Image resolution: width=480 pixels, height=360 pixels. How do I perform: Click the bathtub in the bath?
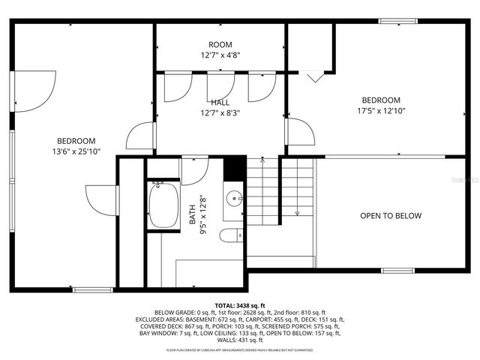(x=163, y=205)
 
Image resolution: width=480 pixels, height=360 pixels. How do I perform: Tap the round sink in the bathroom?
(x=235, y=199)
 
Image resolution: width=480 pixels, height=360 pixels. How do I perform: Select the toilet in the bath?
(x=232, y=235)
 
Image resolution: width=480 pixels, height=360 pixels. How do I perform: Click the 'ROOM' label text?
(x=220, y=44)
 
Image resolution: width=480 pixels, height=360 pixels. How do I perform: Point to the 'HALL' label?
(x=220, y=103)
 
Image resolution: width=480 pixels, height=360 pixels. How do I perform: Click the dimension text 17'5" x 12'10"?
(x=381, y=111)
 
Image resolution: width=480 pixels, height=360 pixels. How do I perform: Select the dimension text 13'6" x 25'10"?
(x=76, y=151)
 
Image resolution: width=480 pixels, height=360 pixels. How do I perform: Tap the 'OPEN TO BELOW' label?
(x=390, y=216)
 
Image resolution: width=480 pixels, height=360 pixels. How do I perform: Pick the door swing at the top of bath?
(x=193, y=171)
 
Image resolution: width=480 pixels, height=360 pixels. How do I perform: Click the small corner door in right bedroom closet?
(x=315, y=76)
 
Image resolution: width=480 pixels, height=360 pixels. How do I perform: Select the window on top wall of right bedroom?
(x=397, y=21)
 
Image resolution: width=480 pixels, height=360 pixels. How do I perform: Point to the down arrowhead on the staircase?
(x=298, y=214)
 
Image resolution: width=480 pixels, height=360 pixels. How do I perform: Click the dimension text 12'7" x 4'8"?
(x=220, y=55)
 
